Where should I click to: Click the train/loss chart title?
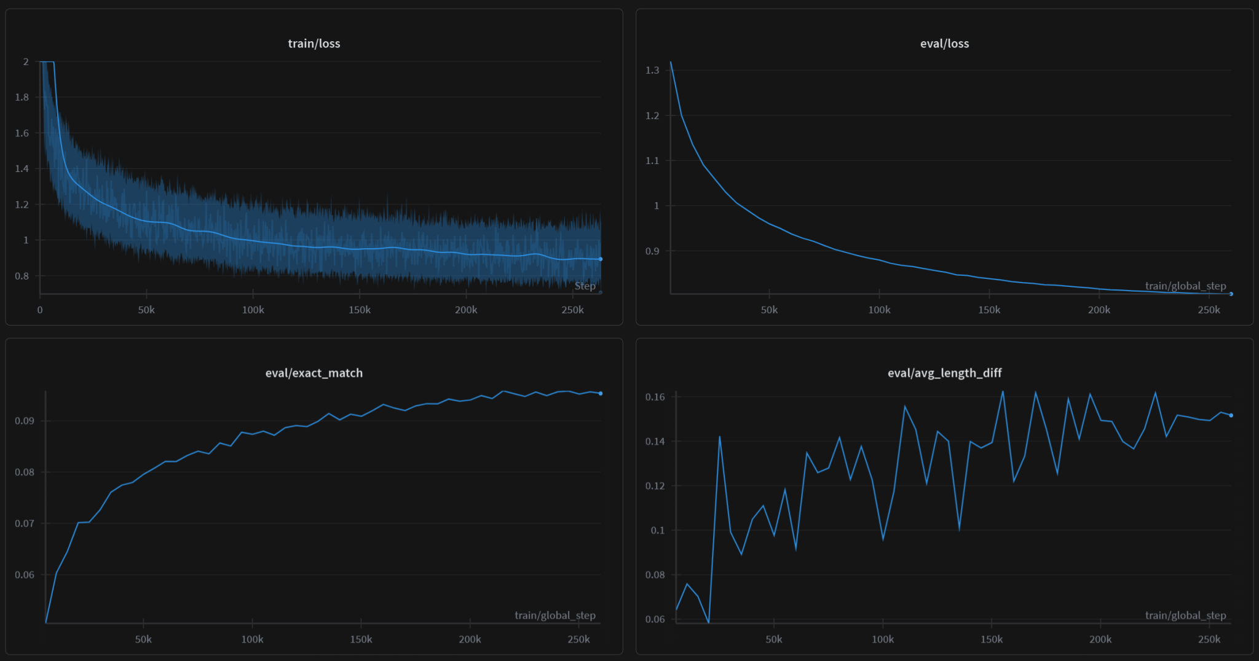314,44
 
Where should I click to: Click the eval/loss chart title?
944,44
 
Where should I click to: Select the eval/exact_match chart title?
314,373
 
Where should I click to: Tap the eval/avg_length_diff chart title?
944,373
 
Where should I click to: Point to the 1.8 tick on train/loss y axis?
22,97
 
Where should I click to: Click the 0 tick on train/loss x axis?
40,310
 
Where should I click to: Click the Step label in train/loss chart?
585,286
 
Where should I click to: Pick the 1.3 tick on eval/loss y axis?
652,70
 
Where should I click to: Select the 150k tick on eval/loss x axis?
989,310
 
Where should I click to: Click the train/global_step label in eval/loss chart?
1185,286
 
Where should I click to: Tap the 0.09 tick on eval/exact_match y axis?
24,421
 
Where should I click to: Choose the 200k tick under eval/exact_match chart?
470,639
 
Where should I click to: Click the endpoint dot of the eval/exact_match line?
601,393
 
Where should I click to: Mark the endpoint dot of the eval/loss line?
1231,294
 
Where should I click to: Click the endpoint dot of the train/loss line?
601,259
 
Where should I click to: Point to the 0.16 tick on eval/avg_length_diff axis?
655,397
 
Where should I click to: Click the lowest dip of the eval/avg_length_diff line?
709,622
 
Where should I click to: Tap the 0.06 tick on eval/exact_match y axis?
24,575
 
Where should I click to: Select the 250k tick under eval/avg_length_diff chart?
1209,639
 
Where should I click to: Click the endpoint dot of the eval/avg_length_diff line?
1231,415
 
